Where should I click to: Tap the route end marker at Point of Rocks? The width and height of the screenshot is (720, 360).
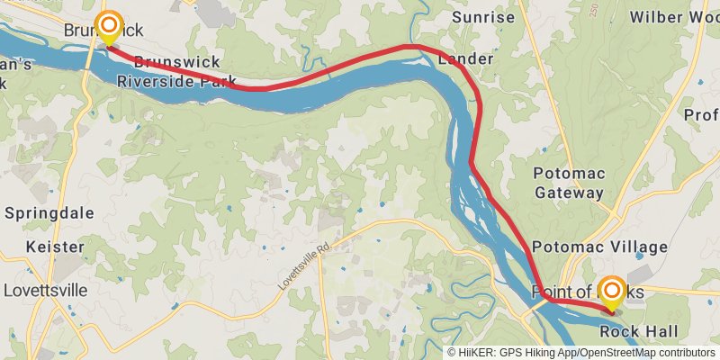coord(612,291)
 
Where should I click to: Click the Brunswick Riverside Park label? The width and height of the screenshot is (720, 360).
coord(176,71)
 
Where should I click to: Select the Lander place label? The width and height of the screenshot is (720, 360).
coord(465,59)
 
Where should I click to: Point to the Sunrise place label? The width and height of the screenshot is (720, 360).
coord(483,17)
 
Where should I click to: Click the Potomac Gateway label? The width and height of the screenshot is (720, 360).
coord(569,182)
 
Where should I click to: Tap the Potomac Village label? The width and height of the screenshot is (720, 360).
coord(599,247)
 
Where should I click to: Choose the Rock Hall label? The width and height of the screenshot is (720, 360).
coord(639,332)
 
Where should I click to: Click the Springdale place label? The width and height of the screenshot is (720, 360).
coord(49,213)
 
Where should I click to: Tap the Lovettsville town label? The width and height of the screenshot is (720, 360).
coord(46,291)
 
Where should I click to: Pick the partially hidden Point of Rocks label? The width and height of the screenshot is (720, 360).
coord(567,292)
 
